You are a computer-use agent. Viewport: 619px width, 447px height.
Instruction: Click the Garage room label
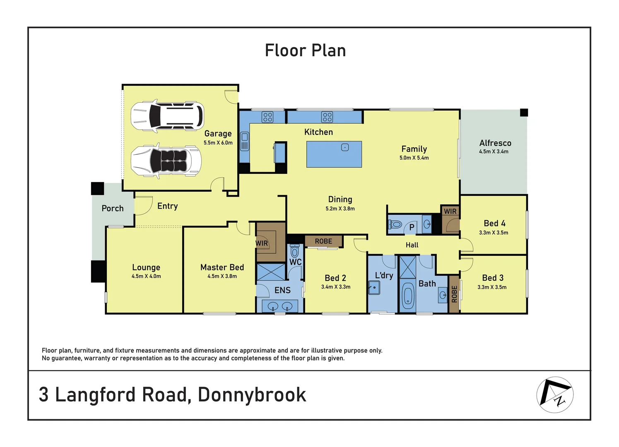[x=218, y=134]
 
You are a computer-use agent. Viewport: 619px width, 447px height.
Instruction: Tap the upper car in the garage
[x=167, y=115]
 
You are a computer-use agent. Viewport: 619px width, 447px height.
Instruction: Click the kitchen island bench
[x=334, y=154]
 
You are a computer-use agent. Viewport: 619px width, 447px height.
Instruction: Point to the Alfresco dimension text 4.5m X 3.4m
[x=494, y=151]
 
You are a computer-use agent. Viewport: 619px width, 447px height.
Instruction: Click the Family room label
[x=414, y=149]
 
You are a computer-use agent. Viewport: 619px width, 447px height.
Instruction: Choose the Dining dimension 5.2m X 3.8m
[x=340, y=209]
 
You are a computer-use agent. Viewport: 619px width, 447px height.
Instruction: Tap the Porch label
[x=113, y=208]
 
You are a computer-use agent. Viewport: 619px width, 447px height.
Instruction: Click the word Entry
[x=167, y=206]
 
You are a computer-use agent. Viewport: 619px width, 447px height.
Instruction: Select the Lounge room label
[x=146, y=267]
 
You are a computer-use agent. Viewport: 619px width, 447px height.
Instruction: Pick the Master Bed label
[x=222, y=267]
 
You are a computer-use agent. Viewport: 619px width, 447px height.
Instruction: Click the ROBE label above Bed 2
[x=323, y=241]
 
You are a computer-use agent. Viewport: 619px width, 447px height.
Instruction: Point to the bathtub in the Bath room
[x=408, y=296]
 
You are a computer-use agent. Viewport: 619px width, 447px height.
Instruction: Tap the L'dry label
[x=384, y=275]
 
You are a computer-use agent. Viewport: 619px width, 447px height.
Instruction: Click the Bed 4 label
[x=494, y=223]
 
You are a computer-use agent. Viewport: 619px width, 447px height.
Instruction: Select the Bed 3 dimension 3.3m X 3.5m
[x=492, y=287]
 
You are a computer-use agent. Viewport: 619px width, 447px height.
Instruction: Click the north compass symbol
[x=555, y=394]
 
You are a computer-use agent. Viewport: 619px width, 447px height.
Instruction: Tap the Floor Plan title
[x=305, y=50]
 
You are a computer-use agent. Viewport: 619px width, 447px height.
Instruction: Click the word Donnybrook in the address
[x=252, y=395]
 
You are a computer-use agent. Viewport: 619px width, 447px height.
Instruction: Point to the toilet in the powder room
[x=395, y=225]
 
